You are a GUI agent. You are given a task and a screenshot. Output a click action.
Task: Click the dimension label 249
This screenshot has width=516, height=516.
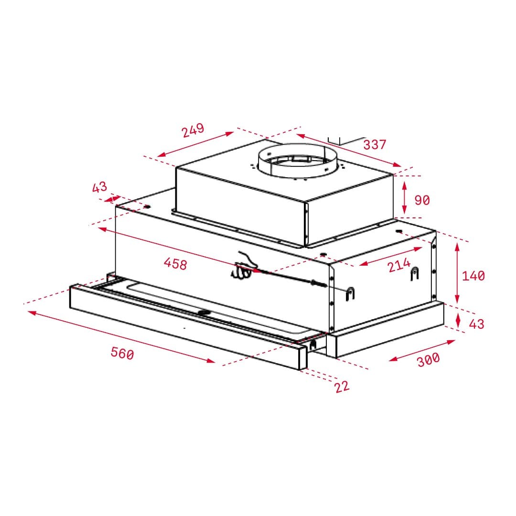tap(193, 130)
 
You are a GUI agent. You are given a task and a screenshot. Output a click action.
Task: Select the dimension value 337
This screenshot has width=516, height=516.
tap(374, 144)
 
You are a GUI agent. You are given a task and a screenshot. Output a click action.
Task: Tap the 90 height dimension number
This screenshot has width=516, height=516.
tap(421, 200)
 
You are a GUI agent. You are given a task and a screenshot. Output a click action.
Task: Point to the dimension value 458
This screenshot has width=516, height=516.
tap(175, 263)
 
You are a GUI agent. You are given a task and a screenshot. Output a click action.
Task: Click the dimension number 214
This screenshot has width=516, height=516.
tap(398, 265)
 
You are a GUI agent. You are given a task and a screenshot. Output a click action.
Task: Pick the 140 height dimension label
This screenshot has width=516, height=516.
tap(473, 276)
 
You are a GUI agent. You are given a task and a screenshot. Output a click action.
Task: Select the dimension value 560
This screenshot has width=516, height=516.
tap(122, 354)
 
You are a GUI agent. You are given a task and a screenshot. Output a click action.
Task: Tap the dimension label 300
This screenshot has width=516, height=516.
tap(428, 359)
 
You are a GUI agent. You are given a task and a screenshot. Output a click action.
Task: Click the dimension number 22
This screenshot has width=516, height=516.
tap(342, 386)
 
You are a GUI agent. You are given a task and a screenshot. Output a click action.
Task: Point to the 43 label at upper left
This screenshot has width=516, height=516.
tap(99, 187)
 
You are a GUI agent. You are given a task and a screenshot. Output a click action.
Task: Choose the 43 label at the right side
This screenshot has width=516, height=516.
tap(476, 324)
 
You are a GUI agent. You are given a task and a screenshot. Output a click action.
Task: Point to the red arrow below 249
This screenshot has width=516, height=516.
tap(195, 144)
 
